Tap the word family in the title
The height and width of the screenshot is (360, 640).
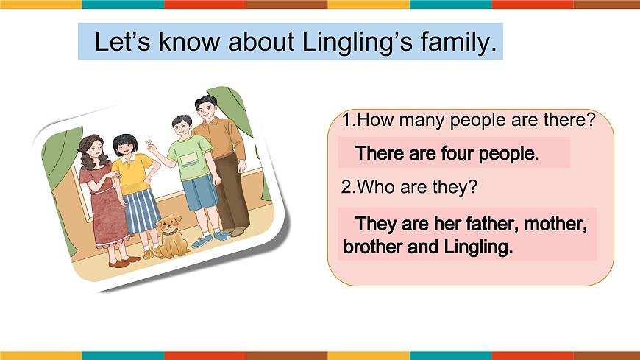tap(458, 42)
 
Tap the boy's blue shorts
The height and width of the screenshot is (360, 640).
tap(200, 194)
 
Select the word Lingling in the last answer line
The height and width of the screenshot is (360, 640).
tap(477, 247)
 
